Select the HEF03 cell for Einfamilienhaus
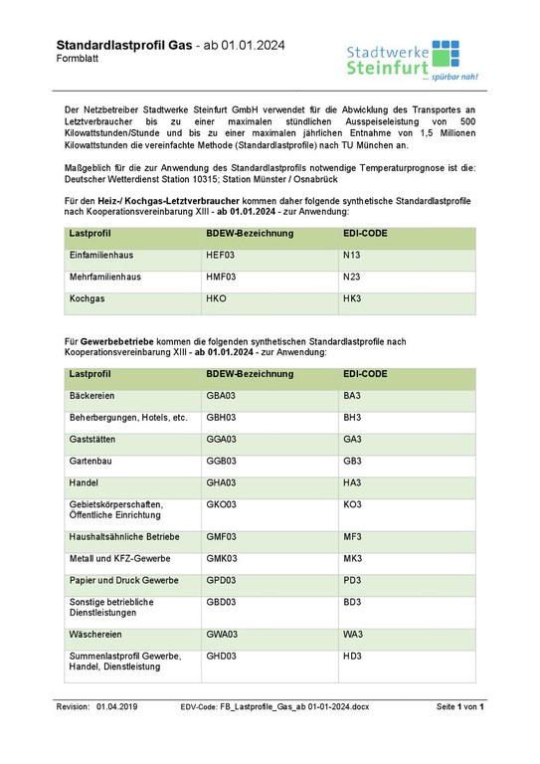pyautogui.click(x=220, y=256)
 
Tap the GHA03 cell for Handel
pyautogui.click(x=221, y=483)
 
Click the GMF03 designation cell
pyautogui.click(x=221, y=535)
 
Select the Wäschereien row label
pyautogui.click(x=97, y=633)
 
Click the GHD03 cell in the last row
pyautogui.click(x=221, y=656)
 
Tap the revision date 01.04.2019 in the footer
pyautogui.click(x=117, y=706)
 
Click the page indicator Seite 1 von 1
pyautogui.click(x=459, y=706)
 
